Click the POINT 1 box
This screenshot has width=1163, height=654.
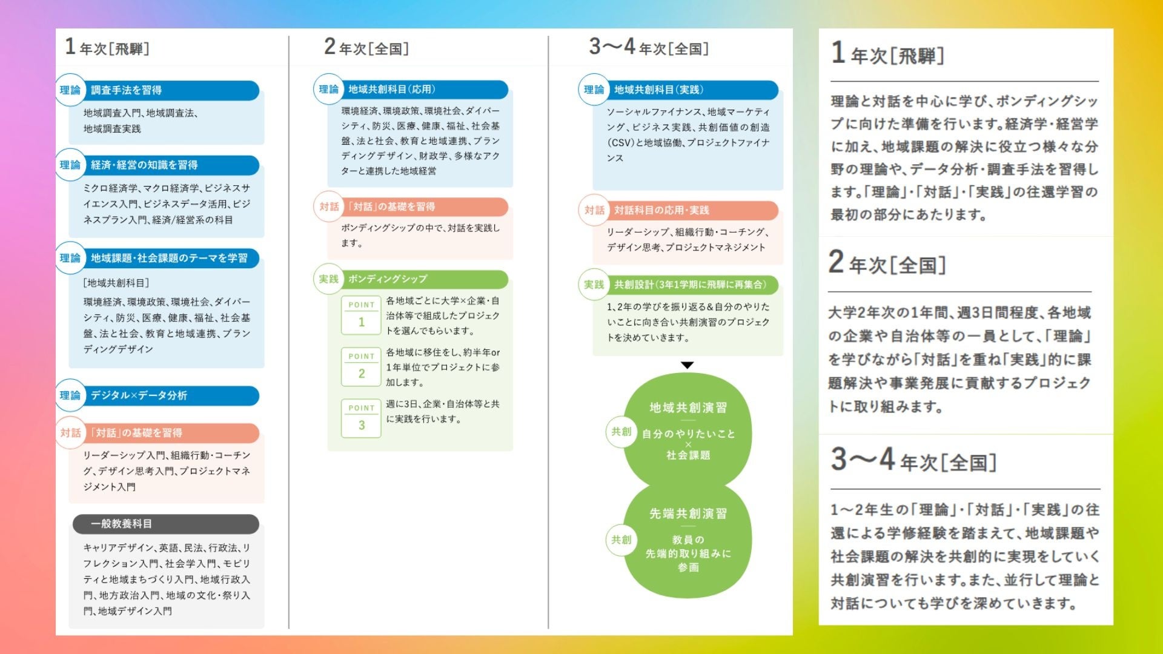[x=361, y=315]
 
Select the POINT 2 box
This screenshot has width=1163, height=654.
[x=361, y=366]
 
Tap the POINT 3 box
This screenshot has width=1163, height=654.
[x=361, y=418]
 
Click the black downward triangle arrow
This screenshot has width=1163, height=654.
[x=687, y=365]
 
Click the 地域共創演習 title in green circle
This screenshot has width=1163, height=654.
[x=688, y=408]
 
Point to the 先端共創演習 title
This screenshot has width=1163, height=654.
[x=688, y=514]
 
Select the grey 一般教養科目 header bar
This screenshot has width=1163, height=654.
[x=166, y=524]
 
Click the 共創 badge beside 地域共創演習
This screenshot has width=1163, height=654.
[x=621, y=432]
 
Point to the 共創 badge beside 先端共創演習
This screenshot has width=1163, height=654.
[x=621, y=540]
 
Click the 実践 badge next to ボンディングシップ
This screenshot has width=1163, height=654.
[x=329, y=279]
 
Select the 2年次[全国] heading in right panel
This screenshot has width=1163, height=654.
[x=887, y=263]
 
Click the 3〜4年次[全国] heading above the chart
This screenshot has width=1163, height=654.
[x=649, y=47]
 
